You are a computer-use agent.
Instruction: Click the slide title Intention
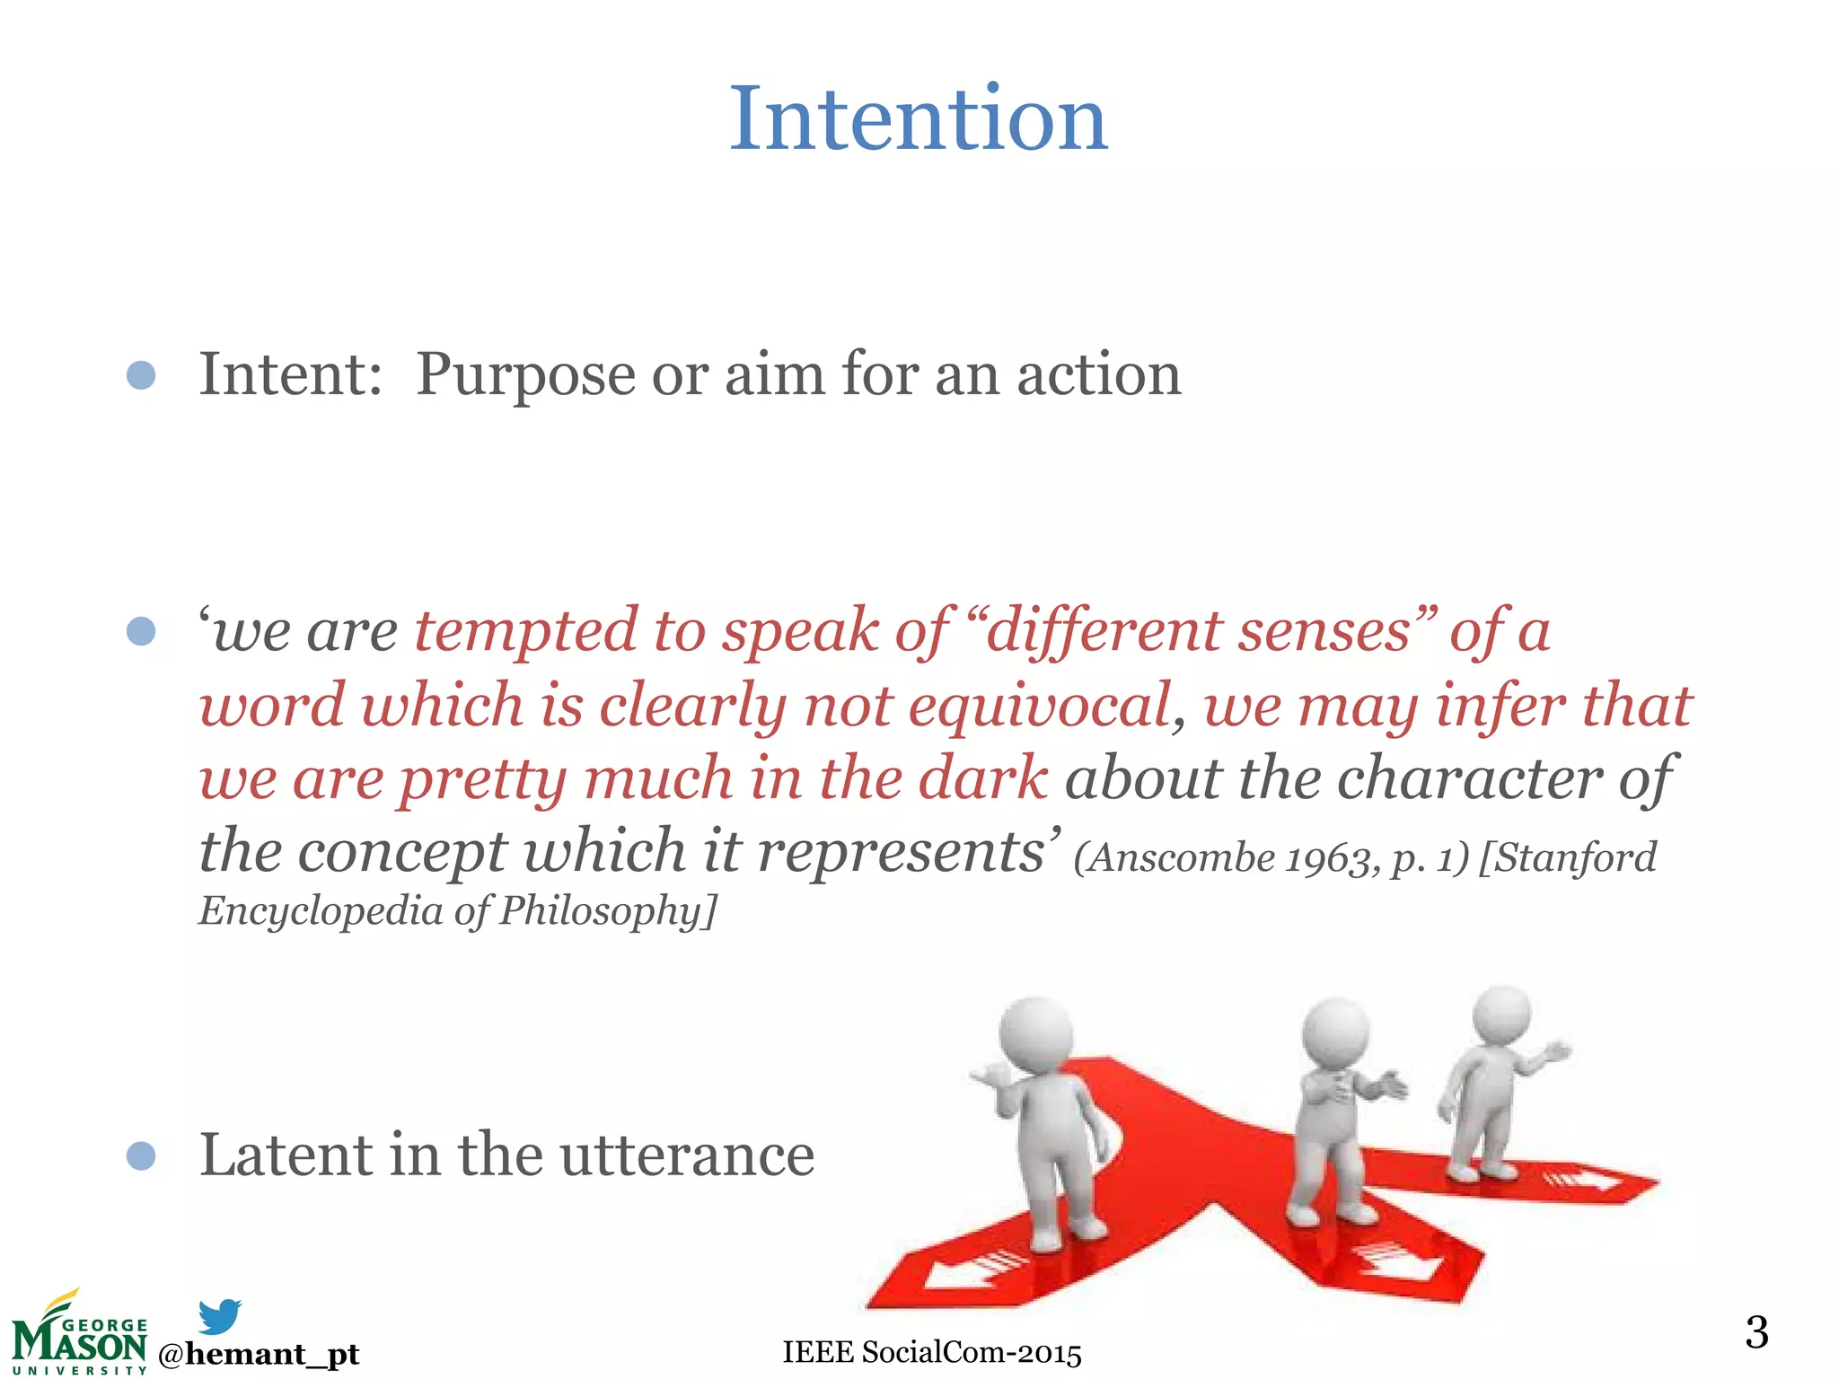coord(918,119)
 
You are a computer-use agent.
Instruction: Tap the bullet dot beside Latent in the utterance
coord(141,1155)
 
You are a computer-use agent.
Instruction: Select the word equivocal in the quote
coord(1039,705)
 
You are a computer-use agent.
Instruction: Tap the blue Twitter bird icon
coord(219,1315)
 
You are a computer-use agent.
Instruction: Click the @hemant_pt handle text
coord(259,1353)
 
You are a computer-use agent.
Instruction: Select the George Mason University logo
coord(79,1335)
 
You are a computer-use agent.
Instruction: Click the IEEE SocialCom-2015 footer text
coord(931,1352)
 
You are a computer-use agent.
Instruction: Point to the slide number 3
coord(1756,1331)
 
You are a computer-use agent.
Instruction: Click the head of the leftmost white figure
coord(1035,1032)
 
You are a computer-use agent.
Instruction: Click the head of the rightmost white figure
coord(1501,1014)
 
